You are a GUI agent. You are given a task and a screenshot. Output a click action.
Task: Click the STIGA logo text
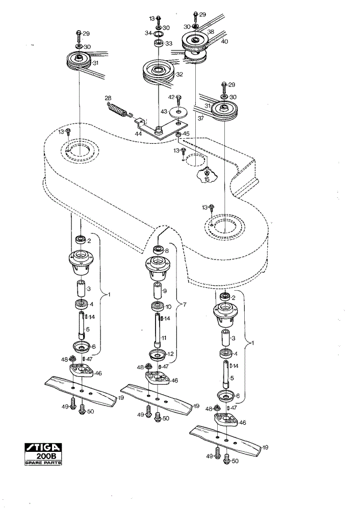click(x=43, y=448)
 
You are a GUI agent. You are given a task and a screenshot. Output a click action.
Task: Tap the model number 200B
click(x=46, y=456)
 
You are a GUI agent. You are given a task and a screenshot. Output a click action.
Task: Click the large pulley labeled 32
click(x=159, y=72)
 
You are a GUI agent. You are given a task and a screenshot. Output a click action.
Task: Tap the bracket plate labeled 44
click(x=161, y=128)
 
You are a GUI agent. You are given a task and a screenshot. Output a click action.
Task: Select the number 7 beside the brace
click(x=185, y=304)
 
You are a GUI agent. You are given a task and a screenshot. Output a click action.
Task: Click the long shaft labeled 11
click(x=158, y=330)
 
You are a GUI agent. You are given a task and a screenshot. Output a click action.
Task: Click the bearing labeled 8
click(x=159, y=250)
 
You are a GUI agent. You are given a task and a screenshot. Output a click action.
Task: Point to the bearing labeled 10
click(x=158, y=307)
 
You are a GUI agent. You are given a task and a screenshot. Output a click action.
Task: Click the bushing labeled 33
click(x=159, y=44)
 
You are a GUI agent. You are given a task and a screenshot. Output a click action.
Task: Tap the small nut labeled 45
click(x=178, y=135)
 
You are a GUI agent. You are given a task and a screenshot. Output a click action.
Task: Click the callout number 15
click(x=207, y=179)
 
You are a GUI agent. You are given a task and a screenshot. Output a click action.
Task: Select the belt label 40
click(x=225, y=41)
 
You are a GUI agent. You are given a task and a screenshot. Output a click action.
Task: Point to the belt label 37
click(x=200, y=118)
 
